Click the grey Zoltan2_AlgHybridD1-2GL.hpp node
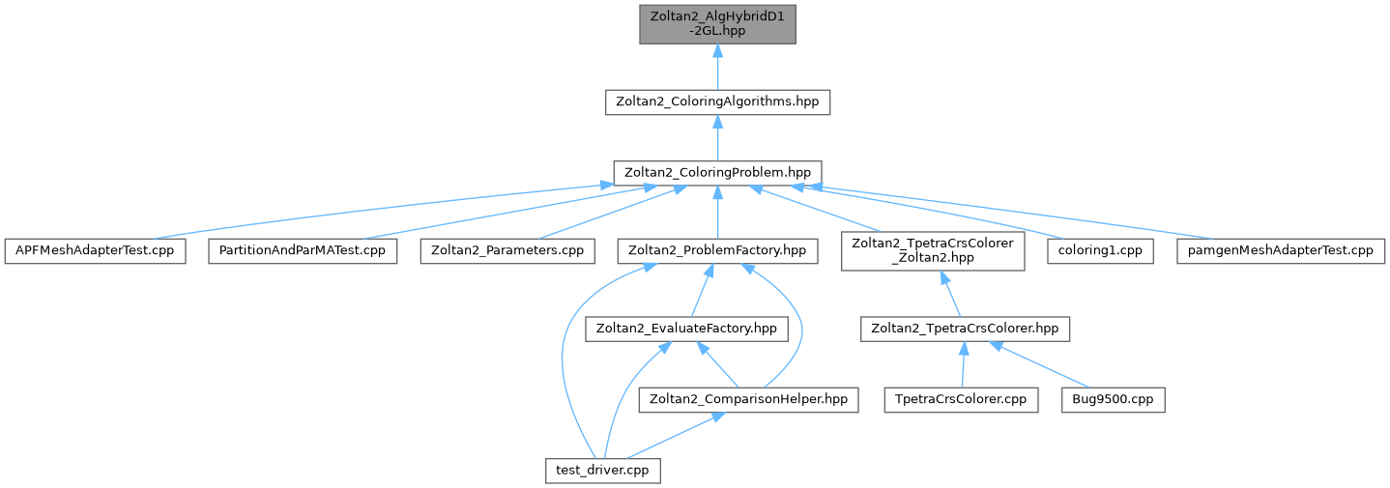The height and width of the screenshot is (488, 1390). tap(717, 23)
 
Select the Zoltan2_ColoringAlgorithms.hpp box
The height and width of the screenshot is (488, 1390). tap(717, 102)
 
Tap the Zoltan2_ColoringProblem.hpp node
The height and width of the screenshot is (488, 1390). tap(717, 173)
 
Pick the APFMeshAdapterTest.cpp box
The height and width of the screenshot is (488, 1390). tap(95, 250)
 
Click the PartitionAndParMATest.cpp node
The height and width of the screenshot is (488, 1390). tap(302, 250)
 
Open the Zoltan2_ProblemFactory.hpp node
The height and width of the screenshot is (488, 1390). tap(717, 250)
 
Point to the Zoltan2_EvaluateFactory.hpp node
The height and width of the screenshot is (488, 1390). tap(686, 329)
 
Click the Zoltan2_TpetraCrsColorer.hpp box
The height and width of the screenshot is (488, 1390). tap(965, 329)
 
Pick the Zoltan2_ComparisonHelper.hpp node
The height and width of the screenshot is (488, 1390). tap(749, 398)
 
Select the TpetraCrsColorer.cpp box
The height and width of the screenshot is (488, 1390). tap(961, 398)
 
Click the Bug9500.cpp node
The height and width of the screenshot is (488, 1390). tap(1113, 398)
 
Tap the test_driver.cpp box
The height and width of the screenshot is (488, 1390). tap(601, 470)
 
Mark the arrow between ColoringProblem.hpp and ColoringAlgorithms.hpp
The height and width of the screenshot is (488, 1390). tap(717, 137)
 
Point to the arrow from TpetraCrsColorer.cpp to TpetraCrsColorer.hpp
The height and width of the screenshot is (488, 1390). tap(963, 363)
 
